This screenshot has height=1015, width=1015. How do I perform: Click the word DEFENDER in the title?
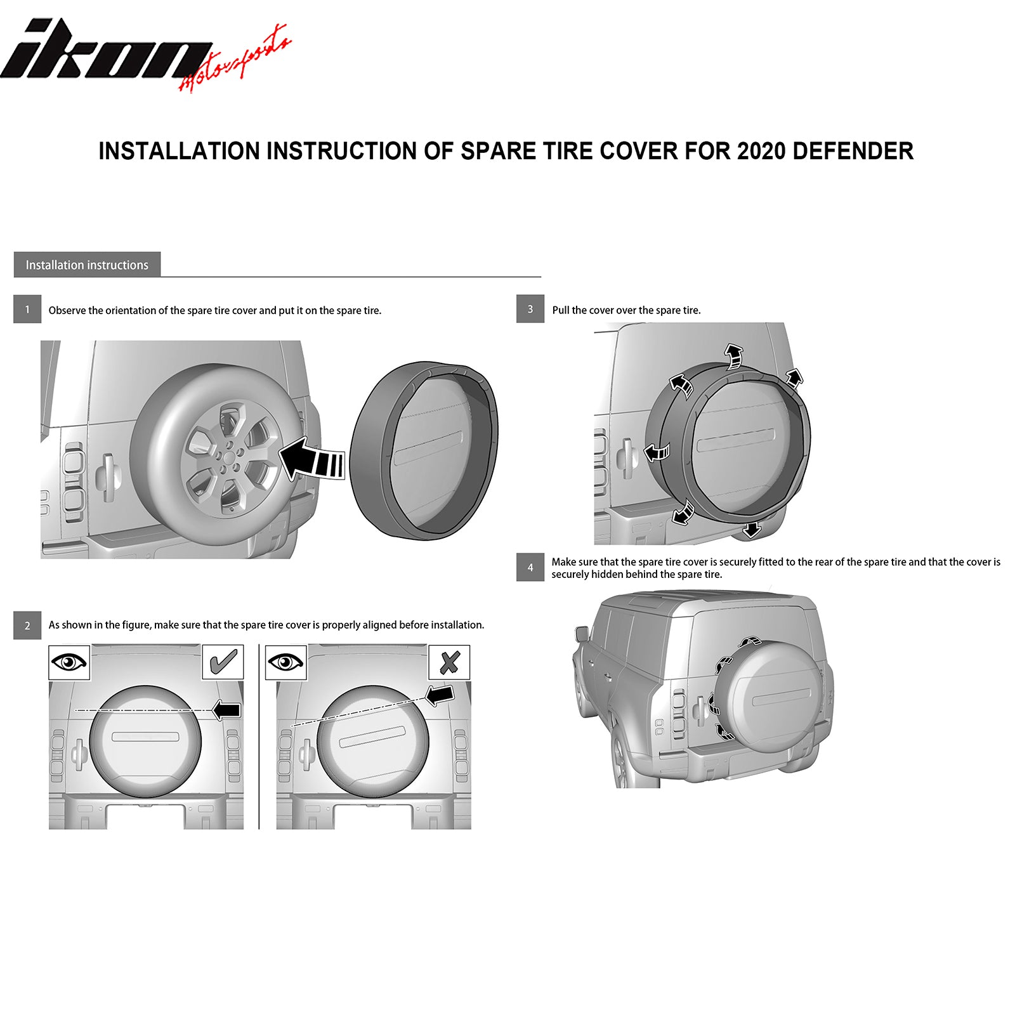pos(853,152)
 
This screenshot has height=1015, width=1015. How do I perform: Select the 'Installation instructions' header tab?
pos(87,265)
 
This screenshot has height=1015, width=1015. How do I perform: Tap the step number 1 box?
pos(27,310)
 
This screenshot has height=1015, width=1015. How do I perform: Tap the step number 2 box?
pos(27,625)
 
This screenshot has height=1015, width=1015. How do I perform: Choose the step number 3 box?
pos(530,309)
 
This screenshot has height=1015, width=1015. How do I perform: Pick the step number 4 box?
pos(530,567)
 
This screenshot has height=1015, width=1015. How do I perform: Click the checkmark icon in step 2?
pos(223,662)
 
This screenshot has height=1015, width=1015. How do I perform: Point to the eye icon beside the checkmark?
pos(69,663)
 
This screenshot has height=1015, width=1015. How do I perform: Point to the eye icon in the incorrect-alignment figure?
pos(286,663)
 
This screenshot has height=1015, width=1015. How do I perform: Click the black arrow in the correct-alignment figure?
pos(226,710)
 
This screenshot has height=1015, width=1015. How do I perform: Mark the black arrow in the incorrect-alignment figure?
pos(440,694)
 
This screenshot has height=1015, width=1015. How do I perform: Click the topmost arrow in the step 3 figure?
pos(734,356)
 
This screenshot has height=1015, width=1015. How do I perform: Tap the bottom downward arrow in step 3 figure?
pos(752,529)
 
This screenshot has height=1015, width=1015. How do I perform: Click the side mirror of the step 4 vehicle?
pos(582,633)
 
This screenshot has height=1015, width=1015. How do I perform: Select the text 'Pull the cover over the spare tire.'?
pos(626,310)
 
